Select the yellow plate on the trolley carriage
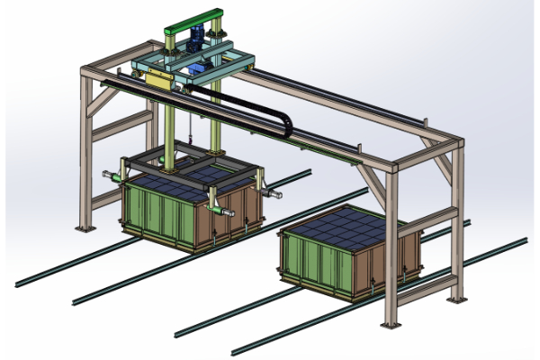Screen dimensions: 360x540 click(159, 79)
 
